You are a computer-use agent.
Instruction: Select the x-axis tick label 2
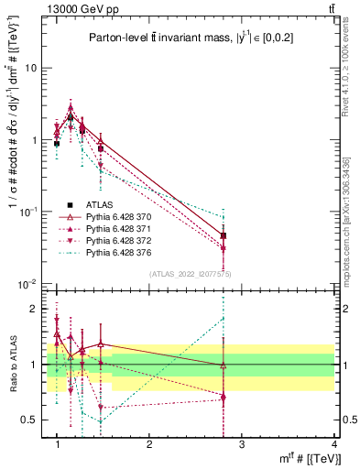[149, 444]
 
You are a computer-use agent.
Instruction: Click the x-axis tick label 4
[333, 444]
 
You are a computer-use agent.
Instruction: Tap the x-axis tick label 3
[241, 444]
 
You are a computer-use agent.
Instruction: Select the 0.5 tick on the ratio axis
[33, 420]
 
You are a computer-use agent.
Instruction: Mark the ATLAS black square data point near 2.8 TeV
[224, 235]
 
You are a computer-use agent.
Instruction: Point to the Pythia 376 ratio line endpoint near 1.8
[224, 319]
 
